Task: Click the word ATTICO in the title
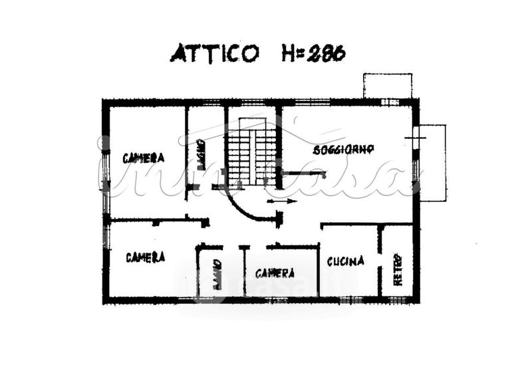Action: pyautogui.click(x=214, y=53)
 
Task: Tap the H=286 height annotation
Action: pyautogui.click(x=313, y=53)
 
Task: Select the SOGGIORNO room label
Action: pyautogui.click(x=344, y=149)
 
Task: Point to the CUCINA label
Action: pyautogui.click(x=346, y=261)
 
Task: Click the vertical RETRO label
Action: pyautogui.click(x=398, y=268)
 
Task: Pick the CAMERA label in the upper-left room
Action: pyautogui.click(x=143, y=158)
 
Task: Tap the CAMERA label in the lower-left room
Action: pyautogui.click(x=145, y=257)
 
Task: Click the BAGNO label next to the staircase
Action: pyautogui.click(x=200, y=154)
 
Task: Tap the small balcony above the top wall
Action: pyautogui.click(x=388, y=86)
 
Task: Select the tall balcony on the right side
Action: pyautogui.click(x=433, y=162)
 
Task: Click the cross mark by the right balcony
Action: pyautogui.click(x=415, y=138)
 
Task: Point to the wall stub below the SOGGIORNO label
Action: pyautogui.click(x=303, y=174)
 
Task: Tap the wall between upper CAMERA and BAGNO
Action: pyautogui.click(x=186, y=146)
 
